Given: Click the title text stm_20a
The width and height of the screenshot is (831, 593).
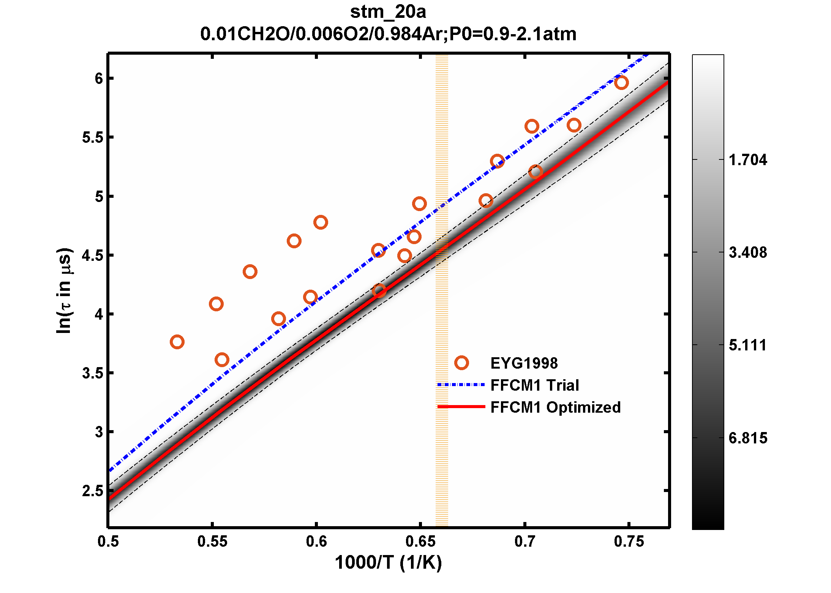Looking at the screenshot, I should (x=388, y=12).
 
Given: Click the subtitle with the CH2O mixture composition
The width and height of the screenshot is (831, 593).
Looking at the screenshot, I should (x=388, y=34).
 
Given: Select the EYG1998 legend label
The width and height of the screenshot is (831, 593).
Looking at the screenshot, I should (x=524, y=363).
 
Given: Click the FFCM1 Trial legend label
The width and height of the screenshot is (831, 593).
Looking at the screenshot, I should (x=534, y=385).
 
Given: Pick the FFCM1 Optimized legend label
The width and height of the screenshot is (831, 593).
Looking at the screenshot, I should (x=555, y=407).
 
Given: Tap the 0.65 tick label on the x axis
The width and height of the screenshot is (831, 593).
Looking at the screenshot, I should (x=420, y=541).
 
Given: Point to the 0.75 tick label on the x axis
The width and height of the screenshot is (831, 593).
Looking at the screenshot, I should (x=629, y=541).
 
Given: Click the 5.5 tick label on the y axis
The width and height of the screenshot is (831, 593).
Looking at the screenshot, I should (x=93, y=137).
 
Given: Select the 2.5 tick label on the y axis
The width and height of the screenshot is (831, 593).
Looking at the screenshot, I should (x=93, y=491).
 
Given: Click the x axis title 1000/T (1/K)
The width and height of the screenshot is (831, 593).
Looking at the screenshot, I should (x=388, y=563).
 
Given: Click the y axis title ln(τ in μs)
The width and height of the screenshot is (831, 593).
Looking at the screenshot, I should (x=64, y=291).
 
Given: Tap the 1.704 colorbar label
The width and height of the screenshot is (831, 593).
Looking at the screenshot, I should (x=747, y=160).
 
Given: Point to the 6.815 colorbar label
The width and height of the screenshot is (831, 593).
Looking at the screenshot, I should (x=747, y=438).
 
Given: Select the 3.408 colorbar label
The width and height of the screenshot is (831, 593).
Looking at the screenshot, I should (x=747, y=252).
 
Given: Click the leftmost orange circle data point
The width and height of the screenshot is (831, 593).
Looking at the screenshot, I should (x=177, y=342).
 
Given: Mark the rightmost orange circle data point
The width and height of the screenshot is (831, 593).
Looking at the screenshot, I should (x=621, y=82).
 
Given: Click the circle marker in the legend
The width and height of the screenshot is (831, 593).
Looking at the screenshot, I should (x=461, y=363).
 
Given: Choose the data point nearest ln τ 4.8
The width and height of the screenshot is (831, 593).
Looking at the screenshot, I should (x=321, y=222).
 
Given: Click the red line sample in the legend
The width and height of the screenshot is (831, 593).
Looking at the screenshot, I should (x=461, y=407).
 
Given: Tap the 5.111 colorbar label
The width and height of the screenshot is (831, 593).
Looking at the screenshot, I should (x=747, y=345).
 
